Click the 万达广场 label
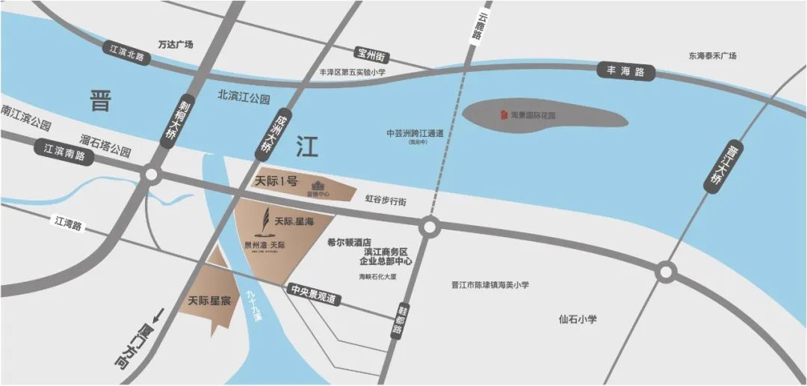[x=176, y=45]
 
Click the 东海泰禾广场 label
[x=712, y=56]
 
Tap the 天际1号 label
[x=276, y=181]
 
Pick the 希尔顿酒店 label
[x=350, y=242]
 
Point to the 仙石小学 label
[x=578, y=319]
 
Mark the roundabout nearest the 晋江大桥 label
[x=665, y=272]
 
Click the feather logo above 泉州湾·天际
[x=264, y=221]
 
